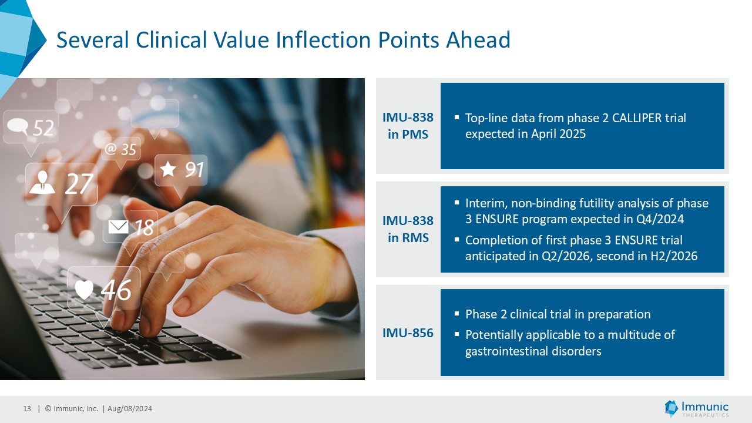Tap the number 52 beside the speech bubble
pos(43,128)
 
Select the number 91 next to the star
pos(194,170)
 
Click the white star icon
pos(168,169)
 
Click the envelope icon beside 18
pos(118,227)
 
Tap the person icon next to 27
pos(42,183)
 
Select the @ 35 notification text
pos(120,150)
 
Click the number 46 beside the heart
pos(116,290)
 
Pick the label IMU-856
pos(408,333)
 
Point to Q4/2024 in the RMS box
pos(660,219)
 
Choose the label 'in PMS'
pos(408,135)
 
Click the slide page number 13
pos(27,408)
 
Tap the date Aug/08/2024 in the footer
pos(130,408)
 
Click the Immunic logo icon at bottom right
pos(672,408)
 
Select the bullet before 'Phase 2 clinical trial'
pos(456,314)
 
